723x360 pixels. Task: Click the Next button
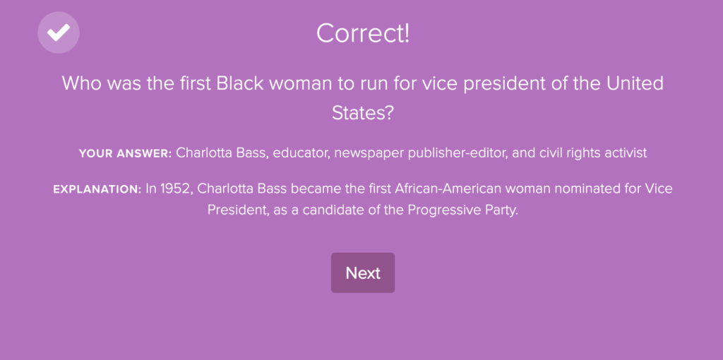point(362,272)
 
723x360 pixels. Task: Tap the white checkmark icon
point(59,32)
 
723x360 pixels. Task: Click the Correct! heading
point(363,33)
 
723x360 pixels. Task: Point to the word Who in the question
point(80,83)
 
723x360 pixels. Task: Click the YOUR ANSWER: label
point(126,153)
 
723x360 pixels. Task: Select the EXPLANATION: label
point(97,189)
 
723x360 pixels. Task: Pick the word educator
point(300,153)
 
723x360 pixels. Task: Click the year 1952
point(176,189)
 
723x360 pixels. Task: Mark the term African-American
point(438,189)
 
